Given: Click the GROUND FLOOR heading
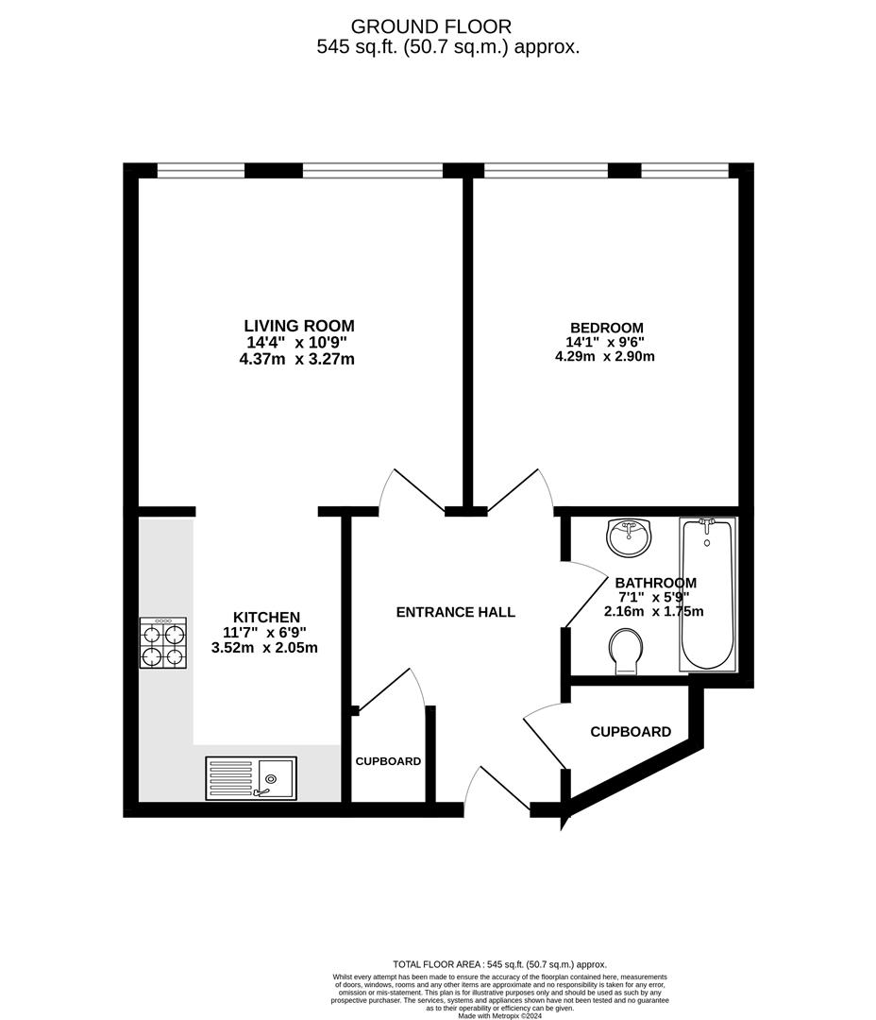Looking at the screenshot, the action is [x=431, y=26].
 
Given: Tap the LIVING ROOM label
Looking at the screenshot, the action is [x=299, y=326].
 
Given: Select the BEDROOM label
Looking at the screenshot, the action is [x=607, y=328].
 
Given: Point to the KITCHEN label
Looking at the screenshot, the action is [x=266, y=618].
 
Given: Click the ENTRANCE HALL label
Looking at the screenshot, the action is [x=455, y=612].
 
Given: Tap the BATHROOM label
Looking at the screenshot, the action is [x=655, y=583].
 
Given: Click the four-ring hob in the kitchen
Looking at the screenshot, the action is [x=163, y=643].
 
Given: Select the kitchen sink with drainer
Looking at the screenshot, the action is [x=251, y=778].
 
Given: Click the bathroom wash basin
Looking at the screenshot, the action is [x=629, y=537].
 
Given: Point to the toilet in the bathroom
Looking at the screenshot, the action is [x=626, y=651].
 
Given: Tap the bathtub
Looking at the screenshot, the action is [x=708, y=594].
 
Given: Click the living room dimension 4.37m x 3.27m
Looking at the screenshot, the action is [x=297, y=359].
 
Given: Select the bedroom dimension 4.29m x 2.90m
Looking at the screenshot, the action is [x=605, y=356].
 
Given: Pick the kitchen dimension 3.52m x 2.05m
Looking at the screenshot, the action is [x=264, y=648].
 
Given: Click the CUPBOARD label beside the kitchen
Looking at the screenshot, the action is [x=388, y=761].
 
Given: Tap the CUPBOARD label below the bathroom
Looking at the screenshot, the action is [x=631, y=732].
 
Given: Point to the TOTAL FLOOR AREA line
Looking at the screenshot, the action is [x=499, y=964].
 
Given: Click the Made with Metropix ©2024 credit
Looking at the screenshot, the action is [x=499, y=1014].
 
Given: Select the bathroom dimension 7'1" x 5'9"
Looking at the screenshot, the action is [x=653, y=597].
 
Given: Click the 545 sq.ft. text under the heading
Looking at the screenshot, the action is [x=357, y=47].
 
